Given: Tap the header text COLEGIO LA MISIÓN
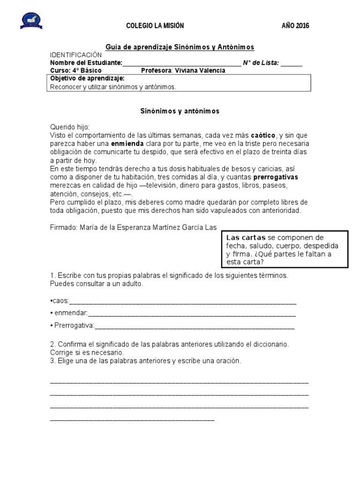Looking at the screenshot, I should coord(155,26).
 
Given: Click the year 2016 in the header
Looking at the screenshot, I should coord(295,26).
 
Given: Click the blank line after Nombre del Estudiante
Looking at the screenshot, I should coord(182,63).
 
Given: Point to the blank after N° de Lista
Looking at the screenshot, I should coord(292,63).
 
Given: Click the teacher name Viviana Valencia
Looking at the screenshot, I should coord(200,71).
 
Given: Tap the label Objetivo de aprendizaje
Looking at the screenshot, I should coord(87,78).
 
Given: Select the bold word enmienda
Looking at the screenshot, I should coord(127,143).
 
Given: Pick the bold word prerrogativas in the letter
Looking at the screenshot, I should coord(276,178).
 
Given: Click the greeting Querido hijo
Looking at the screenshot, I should coord(69,127).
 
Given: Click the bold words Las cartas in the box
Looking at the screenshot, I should coord(246,238).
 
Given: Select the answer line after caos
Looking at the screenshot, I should coord(183,301).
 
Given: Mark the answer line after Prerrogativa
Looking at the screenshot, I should coord(195,325).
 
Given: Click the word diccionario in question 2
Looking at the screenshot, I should coord(269,345).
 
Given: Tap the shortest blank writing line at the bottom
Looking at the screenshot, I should coord(132,419).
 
